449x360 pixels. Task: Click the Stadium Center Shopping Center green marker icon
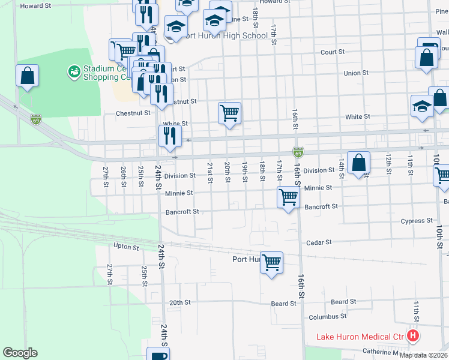tap(75, 72)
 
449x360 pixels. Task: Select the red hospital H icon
tap(413, 336)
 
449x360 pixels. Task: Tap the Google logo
tap(20, 353)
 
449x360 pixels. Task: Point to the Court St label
tap(333, 52)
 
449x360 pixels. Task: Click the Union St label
tap(356, 73)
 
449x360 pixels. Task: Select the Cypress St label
tap(417, 221)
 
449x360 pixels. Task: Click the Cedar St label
tap(319, 242)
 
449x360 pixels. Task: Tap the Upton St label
tap(126, 247)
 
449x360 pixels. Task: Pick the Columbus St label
tap(327, 316)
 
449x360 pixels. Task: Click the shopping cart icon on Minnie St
tap(289, 197)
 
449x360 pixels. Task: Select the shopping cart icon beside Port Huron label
tap(272, 262)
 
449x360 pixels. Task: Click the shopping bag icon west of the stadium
tap(27, 76)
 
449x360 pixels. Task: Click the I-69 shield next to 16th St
tap(298, 152)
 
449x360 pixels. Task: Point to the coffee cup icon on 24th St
tap(159, 355)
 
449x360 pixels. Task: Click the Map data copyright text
tap(423, 355)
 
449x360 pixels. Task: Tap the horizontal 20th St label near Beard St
tap(179, 303)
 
